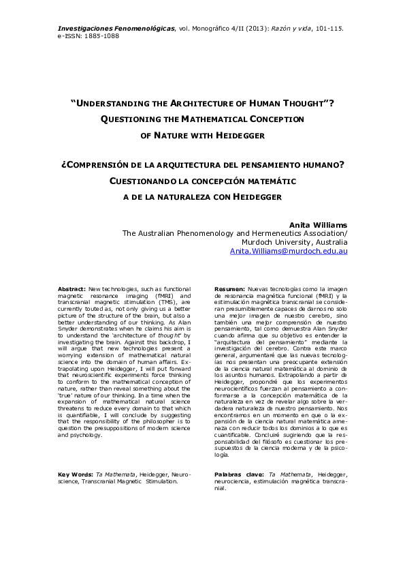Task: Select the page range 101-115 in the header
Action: click(x=330, y=28)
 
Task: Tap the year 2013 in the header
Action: click(x=259, y=28)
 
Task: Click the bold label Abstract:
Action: click(x=72, y=289)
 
